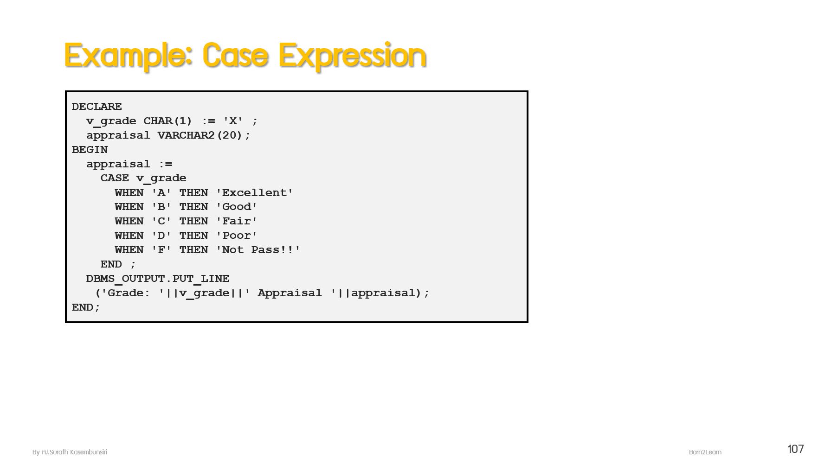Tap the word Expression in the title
(x=352, y=56)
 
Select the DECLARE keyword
(x=97, y=107)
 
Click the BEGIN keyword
(x=90, y=150)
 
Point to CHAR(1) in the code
(x=167, y=121)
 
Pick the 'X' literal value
(x=233, y=121)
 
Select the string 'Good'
(x=237, y=207)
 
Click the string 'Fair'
(x=237, y=221)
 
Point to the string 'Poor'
(x=237, y=236)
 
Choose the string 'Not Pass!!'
(x=258, y=250)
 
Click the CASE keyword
(x=115, y=178)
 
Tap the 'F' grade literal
(x=161, y=250)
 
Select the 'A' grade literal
(x=161, y=193)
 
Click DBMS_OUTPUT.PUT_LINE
(x=158, y=279)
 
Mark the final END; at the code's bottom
(x=86, y=307)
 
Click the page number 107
(x=795, y=449)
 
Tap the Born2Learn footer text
(x=705, y=452)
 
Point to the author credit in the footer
(x=70, y=452)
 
